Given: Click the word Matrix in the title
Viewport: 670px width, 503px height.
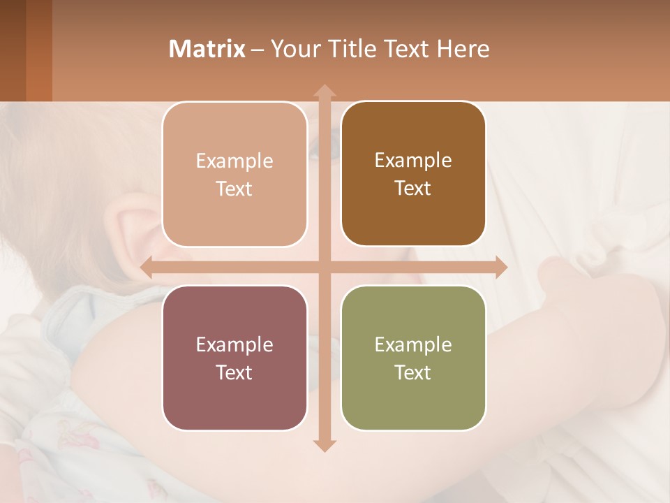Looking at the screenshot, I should (207, 49).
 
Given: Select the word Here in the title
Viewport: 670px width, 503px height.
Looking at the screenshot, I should (463, 49).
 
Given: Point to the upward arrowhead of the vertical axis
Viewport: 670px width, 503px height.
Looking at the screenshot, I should (325, 92).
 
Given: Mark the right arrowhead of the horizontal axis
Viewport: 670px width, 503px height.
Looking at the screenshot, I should (500, 268).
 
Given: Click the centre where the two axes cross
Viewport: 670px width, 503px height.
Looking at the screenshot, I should (325, 268).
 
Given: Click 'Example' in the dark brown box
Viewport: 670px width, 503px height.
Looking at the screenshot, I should (413, 160).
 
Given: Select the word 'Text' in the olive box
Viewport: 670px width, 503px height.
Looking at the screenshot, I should (413, 372).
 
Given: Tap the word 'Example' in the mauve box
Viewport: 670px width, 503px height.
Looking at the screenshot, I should (234, 344).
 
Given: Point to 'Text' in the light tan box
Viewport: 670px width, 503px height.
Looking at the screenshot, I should (234, 189).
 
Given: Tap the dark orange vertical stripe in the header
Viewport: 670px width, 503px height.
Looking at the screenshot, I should (39, 50).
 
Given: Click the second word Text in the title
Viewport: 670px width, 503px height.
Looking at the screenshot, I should (408, 49).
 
